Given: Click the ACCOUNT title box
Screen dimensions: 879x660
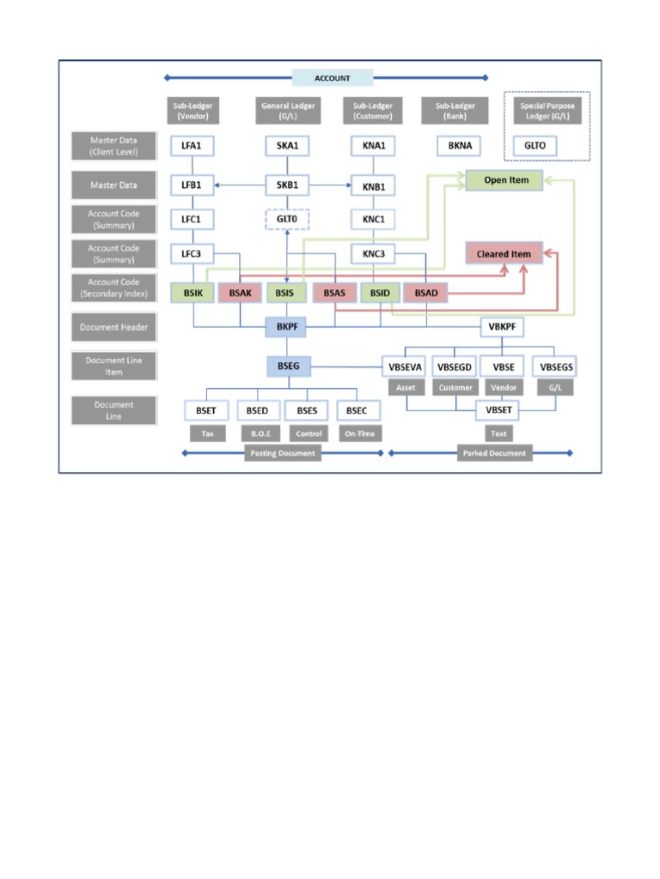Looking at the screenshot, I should click(x=333, y=78).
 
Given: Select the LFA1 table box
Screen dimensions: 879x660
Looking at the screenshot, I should click(x=192, y=146).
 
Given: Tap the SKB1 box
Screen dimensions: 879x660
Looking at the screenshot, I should click(x=287, y=185).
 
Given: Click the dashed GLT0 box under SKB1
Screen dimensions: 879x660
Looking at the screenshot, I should click(x=287, y=219).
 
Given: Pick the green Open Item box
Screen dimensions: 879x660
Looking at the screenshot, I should click(x=507, y=180).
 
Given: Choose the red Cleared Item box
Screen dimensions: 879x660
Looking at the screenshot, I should click(x=504, y=253).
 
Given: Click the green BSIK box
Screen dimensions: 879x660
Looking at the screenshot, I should click(x=192, y=294).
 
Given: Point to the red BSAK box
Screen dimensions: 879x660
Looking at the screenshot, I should click(x=240, y=294).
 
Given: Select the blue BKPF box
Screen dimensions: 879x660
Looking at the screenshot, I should click(x=286, y=327).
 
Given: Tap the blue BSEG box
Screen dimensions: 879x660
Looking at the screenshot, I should click(x=287, y=367).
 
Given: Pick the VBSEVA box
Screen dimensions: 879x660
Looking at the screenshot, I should click(x=406, y=367).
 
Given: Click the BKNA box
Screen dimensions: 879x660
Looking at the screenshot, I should click(x=455, y=146).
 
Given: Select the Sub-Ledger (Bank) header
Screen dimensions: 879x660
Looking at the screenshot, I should click(x=455, y=110).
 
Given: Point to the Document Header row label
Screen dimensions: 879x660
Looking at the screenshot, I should click(x=113, y=327).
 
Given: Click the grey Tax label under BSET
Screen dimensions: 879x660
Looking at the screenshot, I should click(x=207, y=433).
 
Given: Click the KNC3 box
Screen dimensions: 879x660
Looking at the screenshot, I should click(x=374, y=254).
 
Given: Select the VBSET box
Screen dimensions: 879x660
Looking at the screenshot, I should click(x=498, y=410).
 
